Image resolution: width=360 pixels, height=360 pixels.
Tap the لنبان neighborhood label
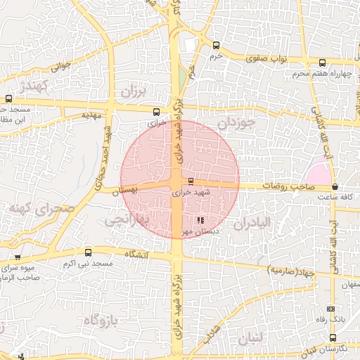click(x=251, y=338)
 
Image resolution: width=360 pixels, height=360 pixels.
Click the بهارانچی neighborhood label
click(x=129, y=219)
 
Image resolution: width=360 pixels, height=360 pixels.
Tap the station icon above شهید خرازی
click(x=191, y=181)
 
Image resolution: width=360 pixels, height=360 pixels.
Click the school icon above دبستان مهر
click(x=201, y=220)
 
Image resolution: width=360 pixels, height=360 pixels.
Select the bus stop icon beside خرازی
click(x=156, y=110)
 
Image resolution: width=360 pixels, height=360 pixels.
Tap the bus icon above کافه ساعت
click(x=334, y=187)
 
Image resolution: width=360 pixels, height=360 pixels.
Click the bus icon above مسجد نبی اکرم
click(x=88, y=252)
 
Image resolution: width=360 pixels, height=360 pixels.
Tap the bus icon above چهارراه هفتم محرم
click(x=322, y=63)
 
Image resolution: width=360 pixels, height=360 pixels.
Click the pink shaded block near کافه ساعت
click(x=319, y=171)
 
